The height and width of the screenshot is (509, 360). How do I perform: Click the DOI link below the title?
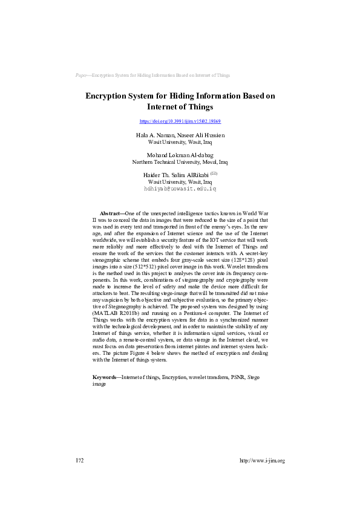(180, 122)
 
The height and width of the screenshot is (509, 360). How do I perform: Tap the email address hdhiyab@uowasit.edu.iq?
(180, 189)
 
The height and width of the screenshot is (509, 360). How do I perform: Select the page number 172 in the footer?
(79, 461)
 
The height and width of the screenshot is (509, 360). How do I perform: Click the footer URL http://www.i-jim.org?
(262, 461)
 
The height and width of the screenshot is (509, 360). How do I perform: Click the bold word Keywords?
(106, 377)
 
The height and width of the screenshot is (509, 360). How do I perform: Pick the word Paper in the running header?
(82, 75)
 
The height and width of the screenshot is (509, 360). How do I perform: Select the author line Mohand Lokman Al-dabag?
(180, 155)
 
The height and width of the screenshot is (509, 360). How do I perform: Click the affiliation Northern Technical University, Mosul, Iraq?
(180, 162)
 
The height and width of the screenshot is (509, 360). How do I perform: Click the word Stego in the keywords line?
(254, 377)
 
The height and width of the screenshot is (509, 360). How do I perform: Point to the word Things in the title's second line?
(195, 107)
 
